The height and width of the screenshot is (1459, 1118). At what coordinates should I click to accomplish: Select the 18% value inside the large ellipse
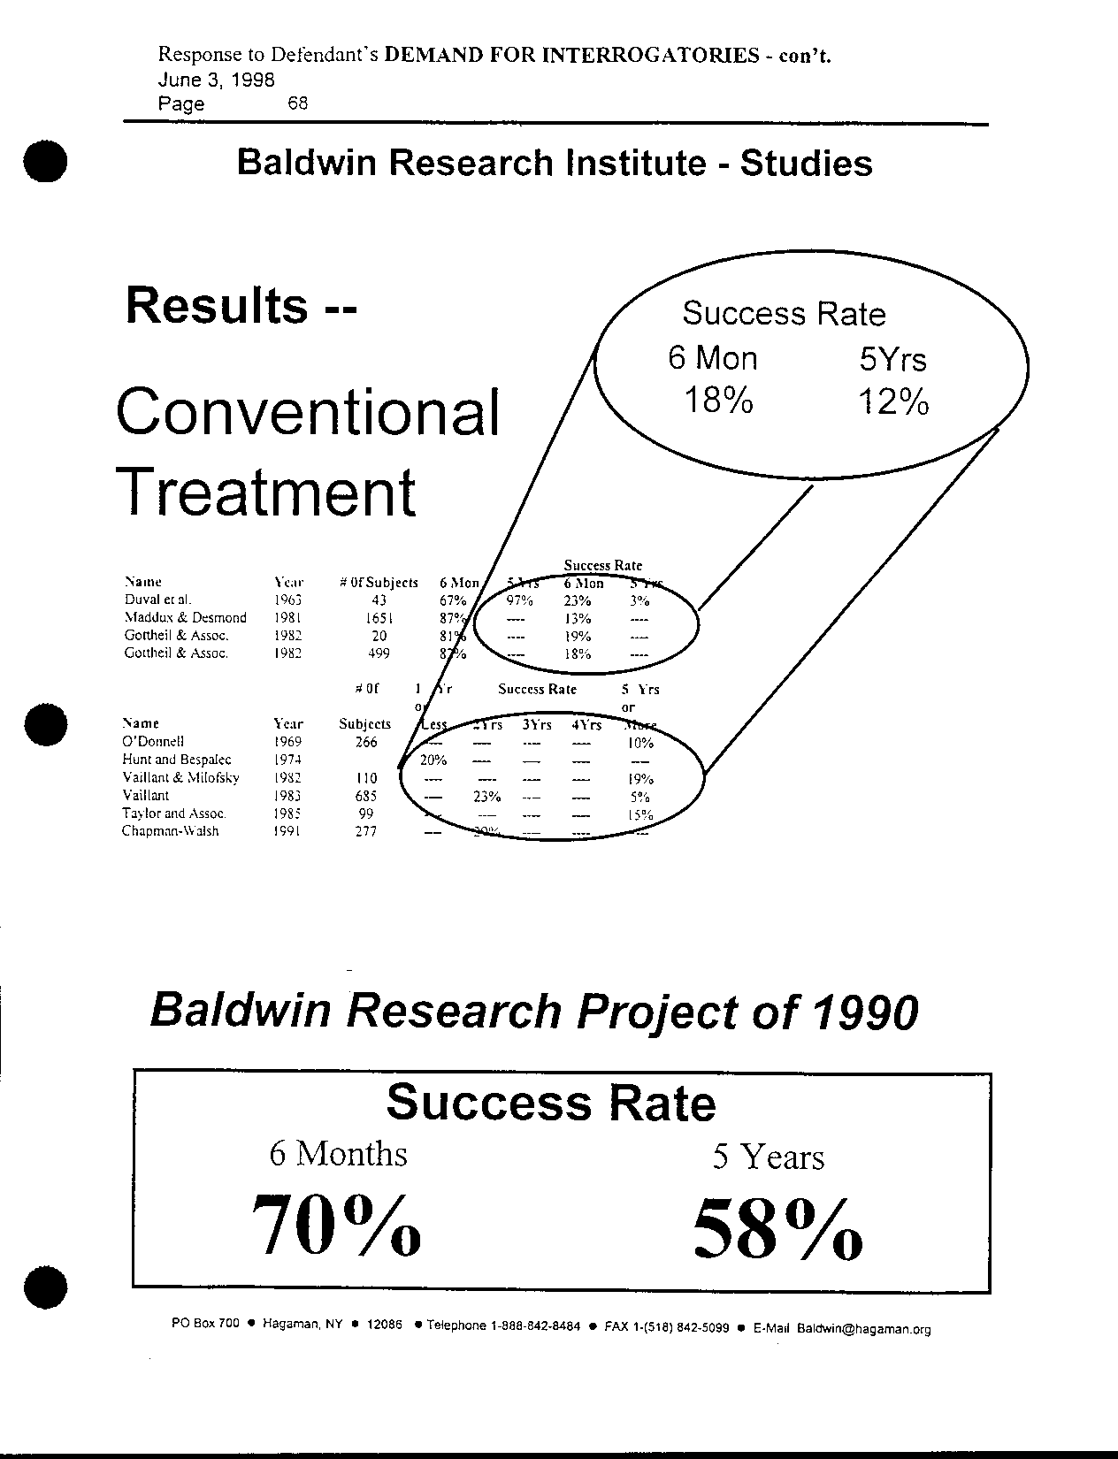[719, 401]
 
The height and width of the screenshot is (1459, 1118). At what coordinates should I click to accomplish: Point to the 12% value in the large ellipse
[893, 403]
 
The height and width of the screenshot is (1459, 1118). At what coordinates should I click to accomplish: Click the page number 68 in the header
[297, 103]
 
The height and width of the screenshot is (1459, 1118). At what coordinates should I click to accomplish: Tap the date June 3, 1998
[216, 80]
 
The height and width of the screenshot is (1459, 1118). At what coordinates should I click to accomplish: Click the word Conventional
[309, 412]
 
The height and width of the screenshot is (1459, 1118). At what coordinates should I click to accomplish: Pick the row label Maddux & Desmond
[185, 618]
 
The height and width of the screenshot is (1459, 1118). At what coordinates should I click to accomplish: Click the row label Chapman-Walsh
[170, 831]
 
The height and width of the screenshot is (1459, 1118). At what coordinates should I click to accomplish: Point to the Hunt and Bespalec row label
[177, 760]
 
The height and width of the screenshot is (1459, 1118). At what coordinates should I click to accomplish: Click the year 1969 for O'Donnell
[288, 742]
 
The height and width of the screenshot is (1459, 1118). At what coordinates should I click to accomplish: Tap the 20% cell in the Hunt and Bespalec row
[433, 760]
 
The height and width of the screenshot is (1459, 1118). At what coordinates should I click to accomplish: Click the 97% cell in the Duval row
[519, 600]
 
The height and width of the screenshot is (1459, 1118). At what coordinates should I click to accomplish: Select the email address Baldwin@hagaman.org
[863, 1328]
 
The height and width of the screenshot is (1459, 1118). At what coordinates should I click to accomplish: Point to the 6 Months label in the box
[339, 1154]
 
